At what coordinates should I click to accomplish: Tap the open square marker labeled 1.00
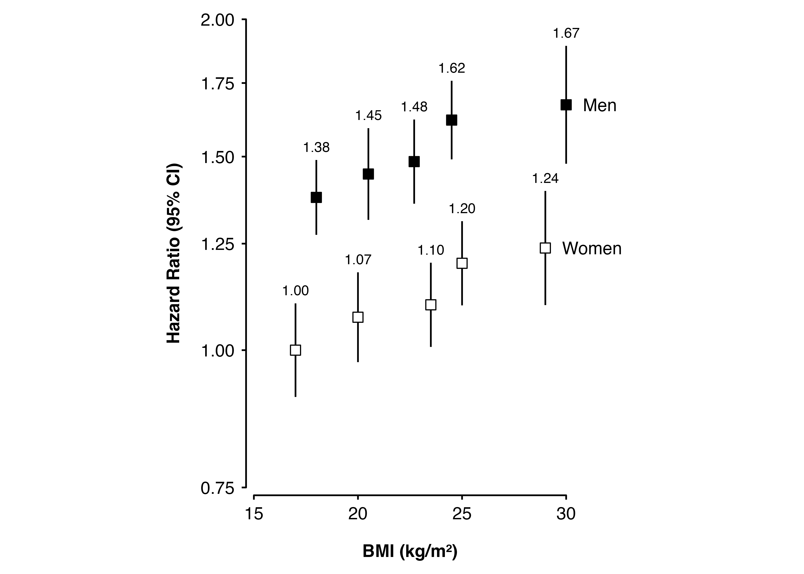pyautogui.click(x=295, y=350)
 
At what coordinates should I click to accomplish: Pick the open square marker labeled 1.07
pyautogui.click(x=358, y=317)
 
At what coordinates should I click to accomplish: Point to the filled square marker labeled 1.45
pyautogui.click(x=368, y=174)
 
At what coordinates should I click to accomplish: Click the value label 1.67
pyautogui.click(x=566, y=33)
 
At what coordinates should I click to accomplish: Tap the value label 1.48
pyautogui.click(x=414, y=107)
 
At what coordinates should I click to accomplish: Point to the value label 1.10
pyautogui.click(x=431, y=250)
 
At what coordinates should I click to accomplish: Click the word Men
pyautogui.click(x=599, y=105)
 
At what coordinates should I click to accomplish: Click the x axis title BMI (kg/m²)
pyautogui.click(x=410, y=552)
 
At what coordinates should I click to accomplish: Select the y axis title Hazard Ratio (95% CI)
pyautogui.click(x=174, y=253)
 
